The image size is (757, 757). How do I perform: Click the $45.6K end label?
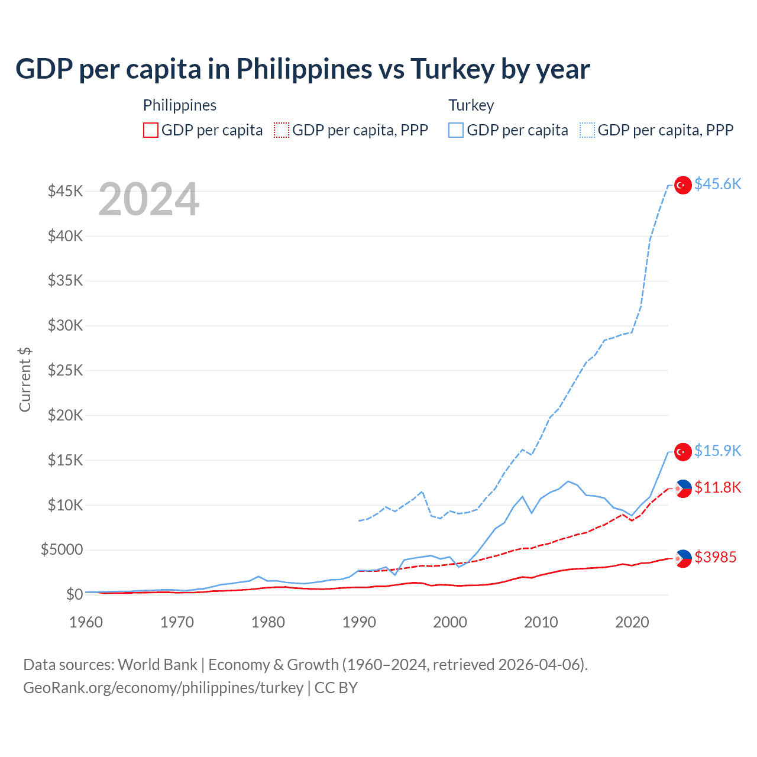tap(717, 185)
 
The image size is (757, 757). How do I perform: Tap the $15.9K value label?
tap(717, 451)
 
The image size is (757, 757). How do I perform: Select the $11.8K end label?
tap(717, 488)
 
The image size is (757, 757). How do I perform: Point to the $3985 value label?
tap(715, 558)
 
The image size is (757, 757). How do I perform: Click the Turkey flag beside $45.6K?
tap(683, 185)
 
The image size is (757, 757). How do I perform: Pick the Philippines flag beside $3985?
tap(683, 558)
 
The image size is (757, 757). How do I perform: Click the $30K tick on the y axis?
tap(65, 325)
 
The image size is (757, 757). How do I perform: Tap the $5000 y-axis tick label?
tap(62, 549)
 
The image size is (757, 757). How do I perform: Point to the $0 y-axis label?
tap(74, 594)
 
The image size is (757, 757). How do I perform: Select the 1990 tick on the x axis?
tap(359, 622)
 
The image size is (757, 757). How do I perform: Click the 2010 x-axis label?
tap(541, 622)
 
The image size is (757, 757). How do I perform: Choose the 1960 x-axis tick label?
tap(86, 622)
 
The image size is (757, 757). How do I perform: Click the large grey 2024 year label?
tap(148, 200)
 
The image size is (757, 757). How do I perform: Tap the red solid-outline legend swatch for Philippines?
tap(151, 130)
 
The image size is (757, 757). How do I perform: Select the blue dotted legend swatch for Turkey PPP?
tap(587, 130)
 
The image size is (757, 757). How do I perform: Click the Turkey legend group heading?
tap(471, 105)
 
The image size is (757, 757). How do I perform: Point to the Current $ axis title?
tap(25, 380)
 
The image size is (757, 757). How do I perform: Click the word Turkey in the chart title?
tap(452, 69)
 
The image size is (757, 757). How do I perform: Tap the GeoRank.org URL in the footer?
tap(163, 688)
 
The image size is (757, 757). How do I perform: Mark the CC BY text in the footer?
tap(336, 688)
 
